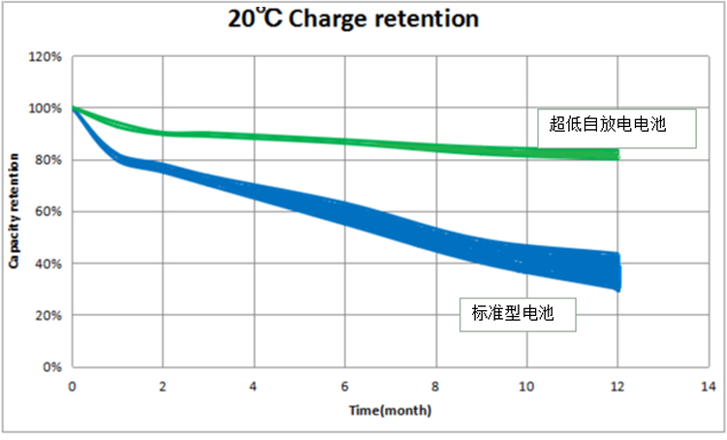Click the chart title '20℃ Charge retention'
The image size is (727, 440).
pyautogui.click(x=363, y=18)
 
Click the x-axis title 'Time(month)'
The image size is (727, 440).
pyautogui.click(x=392, y=411)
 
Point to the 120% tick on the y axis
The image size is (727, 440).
pyautogui.click(x=46, y=57)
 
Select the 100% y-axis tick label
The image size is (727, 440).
pyautogui.click(x=46, y=109)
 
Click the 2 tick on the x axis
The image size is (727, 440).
pyautogui.click(x=163, y=386)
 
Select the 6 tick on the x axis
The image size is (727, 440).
pyautogui.click(x=345, y=386)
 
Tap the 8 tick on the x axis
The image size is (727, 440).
pyautogui.click(x=436, y=386)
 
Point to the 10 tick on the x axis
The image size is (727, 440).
pyautogui.click(x=526, y=386)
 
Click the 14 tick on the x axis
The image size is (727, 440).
pyautogui.click(x=709, y=386)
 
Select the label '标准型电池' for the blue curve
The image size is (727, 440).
pyautogui.click(x=513, y=312)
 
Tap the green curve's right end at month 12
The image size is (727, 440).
pyautogui.click(x=616, y=154)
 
